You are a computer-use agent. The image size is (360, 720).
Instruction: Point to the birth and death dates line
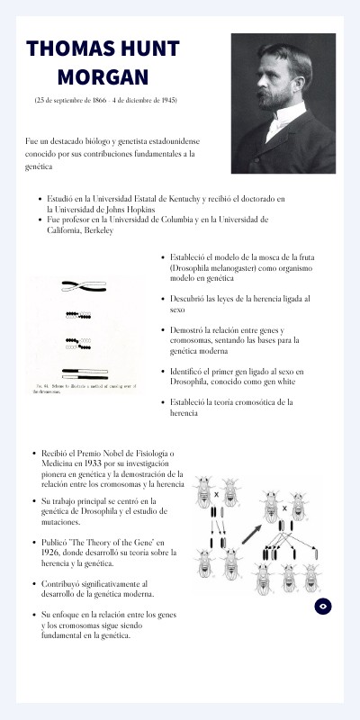(x=105, y=99)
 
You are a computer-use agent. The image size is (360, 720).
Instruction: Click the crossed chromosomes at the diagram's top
(x=85, y=286)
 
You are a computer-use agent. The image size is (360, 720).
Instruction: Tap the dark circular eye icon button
(x=323, y=607)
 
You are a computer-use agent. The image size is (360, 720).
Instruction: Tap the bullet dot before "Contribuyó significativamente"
(x=33, y=584)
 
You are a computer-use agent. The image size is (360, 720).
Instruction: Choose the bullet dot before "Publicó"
(x=33, y=544)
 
